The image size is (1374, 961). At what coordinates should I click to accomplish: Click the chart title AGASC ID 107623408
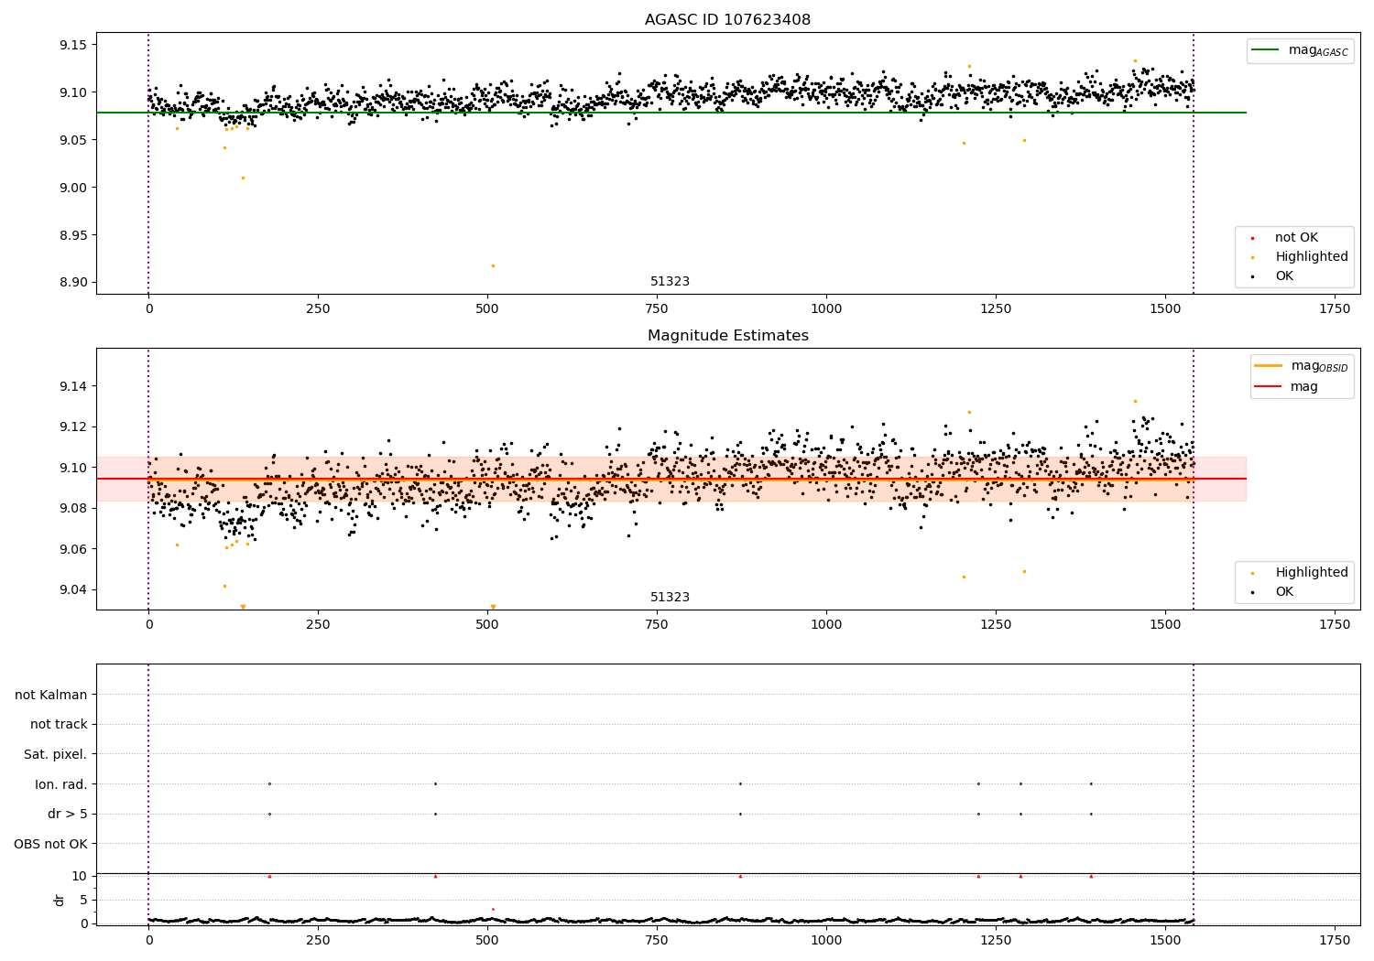tap(727, 20)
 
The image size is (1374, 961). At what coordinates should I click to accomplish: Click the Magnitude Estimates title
tap(727, 336)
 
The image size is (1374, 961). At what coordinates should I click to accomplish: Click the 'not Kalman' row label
tap(51, 695)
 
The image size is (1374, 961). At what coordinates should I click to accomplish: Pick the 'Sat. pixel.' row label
tap(55, 754)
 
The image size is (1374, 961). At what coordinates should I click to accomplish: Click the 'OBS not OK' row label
tap(51, 844)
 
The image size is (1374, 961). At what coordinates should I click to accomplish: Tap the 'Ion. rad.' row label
tap(60, 784)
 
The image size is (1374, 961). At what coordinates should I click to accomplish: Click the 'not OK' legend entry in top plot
tap(1296, 238)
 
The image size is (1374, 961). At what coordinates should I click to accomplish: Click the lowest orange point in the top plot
tap(493, 265)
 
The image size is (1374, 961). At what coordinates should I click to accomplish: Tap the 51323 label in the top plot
tap(670, 282)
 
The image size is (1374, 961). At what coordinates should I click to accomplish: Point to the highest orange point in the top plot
tap(1135, 60)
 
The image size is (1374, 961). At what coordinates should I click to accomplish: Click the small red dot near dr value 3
tap(493, 909)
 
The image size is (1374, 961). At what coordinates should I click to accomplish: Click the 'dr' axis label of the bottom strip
tap(60, 900)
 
